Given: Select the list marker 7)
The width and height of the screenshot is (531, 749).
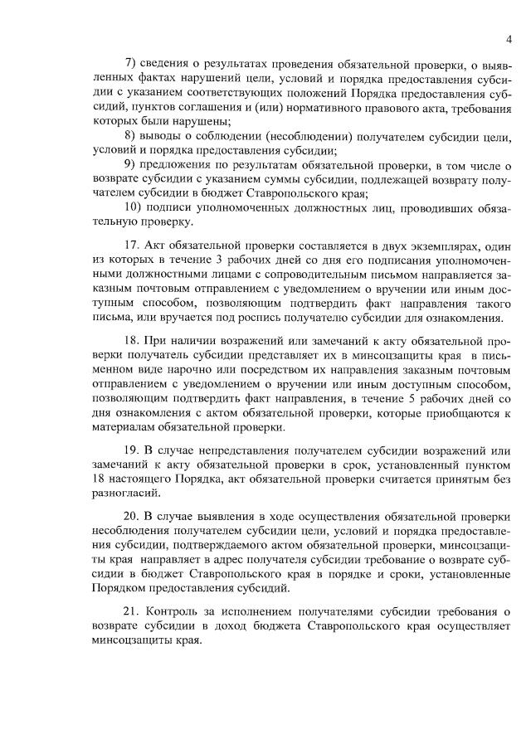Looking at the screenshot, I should [x=129, y=62].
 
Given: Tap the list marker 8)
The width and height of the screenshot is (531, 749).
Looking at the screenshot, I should [x=129, y=136].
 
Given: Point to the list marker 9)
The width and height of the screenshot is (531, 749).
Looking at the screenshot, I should [x=129, y=165].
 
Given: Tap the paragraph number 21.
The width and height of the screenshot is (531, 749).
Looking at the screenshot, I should [x=130, y=611].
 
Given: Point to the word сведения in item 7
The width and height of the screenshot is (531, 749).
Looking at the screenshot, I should [x=168, y=62].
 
